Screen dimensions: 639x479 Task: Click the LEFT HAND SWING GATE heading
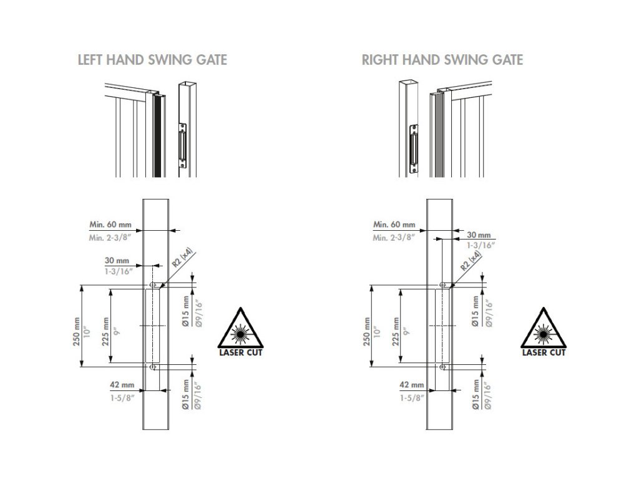pos(152,60)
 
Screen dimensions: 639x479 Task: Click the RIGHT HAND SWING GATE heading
pos(442,60)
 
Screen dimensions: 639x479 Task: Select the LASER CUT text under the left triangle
pos(240,352)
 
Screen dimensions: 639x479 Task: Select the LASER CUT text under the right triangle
pos(544,352)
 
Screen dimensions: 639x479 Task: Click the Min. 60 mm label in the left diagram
pos(110,225)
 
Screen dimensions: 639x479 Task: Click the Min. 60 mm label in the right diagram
pos(394,225)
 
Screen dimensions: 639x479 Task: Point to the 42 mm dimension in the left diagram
pos(122,385)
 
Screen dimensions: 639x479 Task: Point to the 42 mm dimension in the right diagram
pos(411,385)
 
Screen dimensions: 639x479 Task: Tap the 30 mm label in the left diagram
pos(117,260)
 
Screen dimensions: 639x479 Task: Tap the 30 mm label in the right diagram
pos(479,235)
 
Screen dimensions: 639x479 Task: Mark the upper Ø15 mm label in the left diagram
pos(185,313)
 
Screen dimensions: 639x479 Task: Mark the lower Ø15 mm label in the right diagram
pos(475,394)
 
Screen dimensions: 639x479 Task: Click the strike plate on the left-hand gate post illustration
pos(182,145)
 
